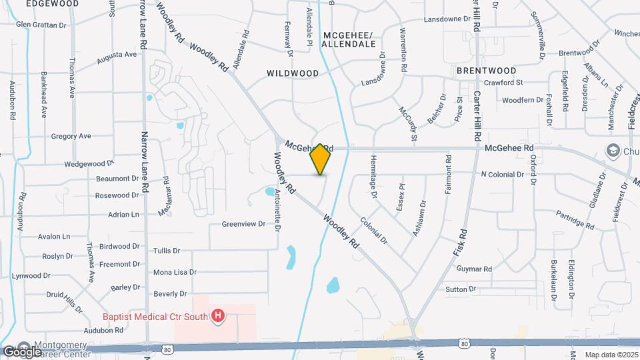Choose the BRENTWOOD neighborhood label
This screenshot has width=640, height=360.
[487, 70]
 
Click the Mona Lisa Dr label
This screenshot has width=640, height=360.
[175, 272]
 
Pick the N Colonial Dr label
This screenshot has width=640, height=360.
[503, 175]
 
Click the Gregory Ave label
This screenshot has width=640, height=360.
[71, 136]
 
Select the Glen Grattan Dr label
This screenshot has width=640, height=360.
[42, 25]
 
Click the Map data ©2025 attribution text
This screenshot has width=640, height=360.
[611, 355]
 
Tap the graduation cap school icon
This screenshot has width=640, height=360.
[611, 151]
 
